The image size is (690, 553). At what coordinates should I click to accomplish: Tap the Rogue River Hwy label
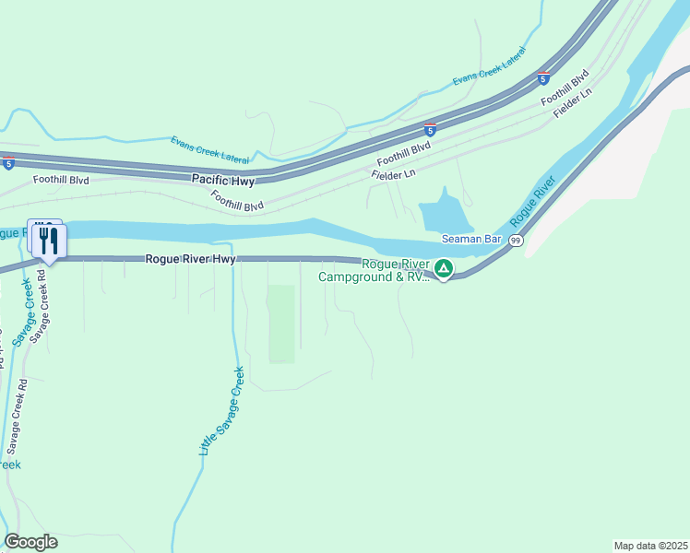click(190, 260)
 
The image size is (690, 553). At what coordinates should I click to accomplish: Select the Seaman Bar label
click(470, 239)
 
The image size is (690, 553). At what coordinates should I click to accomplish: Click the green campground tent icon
click(444, 269)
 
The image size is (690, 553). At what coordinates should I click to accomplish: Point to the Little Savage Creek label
click(221, 411)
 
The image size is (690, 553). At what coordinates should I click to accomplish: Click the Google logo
click(30, 542)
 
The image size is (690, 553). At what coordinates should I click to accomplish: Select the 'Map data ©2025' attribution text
click(650, 546)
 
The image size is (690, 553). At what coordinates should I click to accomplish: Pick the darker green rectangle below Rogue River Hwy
click(282, 324)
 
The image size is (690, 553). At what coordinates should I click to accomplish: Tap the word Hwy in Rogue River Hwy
click(222, 260)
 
